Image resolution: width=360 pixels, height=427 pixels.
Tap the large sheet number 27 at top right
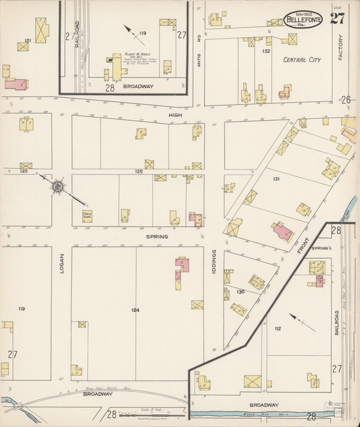coord(337,18)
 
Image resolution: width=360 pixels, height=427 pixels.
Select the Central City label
coord(301,59)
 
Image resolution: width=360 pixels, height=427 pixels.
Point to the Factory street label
coord(341,47)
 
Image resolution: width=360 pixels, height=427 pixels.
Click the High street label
coord(176,116)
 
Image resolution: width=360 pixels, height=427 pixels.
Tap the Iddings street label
coord(213,261)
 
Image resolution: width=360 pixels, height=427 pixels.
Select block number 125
coord(138,172)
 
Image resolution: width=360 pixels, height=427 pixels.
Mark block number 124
coord(135,310)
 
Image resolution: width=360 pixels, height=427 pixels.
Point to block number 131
coord(276,179)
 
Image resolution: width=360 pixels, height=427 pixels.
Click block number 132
coord(267,51)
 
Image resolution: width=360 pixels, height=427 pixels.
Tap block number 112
coord(277,329)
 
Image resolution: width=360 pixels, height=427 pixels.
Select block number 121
coord(28,41)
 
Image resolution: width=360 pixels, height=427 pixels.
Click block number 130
coord(240,292)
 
